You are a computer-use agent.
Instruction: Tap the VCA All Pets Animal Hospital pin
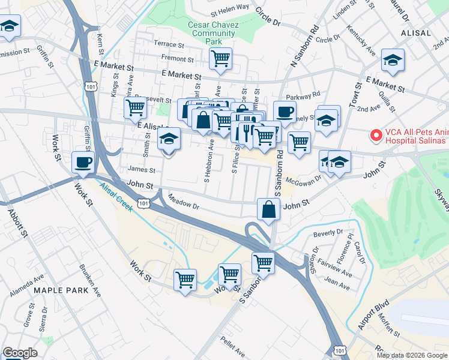pos(376,136)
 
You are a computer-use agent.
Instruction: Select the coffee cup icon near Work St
pos(83,161)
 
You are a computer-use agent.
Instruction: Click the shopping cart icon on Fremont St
pos(221,59)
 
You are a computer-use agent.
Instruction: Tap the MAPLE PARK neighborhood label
pos(61,290)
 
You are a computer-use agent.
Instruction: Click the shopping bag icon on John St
pos(268,209)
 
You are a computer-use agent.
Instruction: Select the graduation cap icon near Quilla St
pos(393,60)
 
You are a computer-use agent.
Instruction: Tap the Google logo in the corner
pos(20,353)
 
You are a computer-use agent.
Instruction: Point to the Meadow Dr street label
pos(184,202)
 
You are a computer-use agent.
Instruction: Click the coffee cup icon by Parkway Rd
pos(285,111)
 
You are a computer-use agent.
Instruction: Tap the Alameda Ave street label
pos(27,286)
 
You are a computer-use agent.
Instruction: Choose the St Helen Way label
pos(229,7)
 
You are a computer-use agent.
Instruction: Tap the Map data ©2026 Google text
pos(412,355)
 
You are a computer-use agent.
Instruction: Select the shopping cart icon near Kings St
pos(136,109)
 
